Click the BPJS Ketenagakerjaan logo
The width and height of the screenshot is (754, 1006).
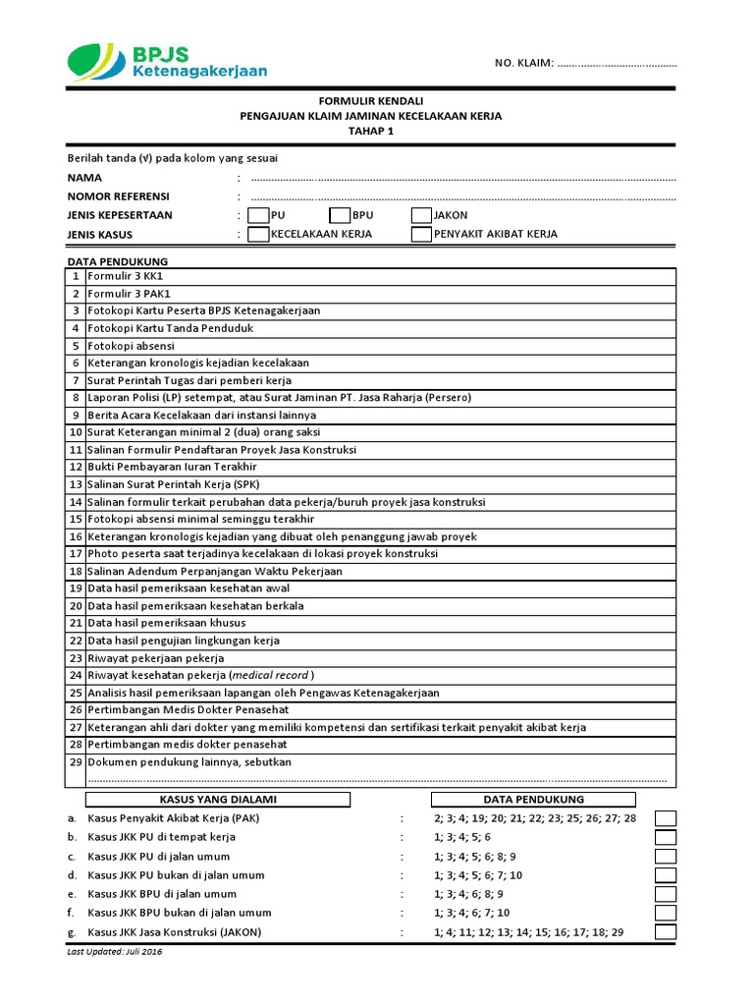[x=167, y=60]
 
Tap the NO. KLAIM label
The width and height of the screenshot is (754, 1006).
[x=523, y=64]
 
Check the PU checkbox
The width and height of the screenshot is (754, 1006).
[x=258, y=215]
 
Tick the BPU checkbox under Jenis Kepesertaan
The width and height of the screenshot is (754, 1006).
[x=340, y=215]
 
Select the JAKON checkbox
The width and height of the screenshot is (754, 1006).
[x=421, y=215]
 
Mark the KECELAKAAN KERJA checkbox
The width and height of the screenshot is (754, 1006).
[x=258, y=235]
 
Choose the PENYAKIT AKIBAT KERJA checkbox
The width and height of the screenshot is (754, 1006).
[x=421, y=235]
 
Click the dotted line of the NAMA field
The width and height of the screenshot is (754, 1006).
[x=462, y=179]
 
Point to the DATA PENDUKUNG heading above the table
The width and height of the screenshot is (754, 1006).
[x=117, y=261]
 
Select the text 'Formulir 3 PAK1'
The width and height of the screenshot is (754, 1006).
[x=129, y=294]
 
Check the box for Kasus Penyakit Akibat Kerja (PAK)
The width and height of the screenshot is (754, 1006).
[x=666, y=818]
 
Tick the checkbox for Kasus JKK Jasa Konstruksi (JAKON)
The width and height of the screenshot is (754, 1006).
[x=666, y=932]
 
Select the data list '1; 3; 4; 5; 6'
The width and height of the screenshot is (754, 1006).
[x=461, y=838]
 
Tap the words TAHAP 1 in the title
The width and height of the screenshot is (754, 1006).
[x=370, y=132]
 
